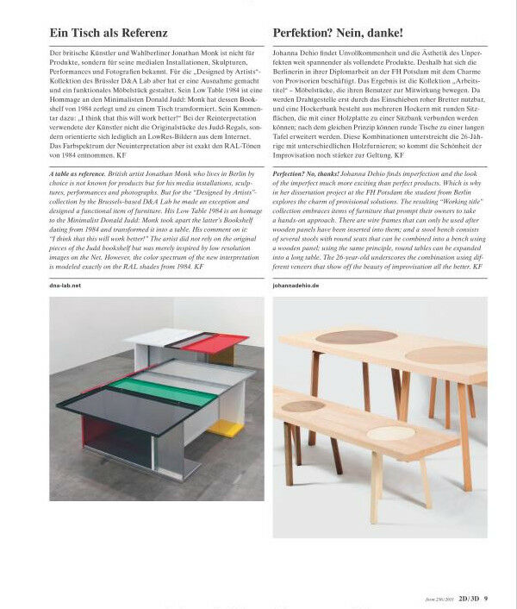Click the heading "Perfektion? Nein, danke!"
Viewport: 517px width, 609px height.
tap(337, 33)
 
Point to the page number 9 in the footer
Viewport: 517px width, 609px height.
tap(486, 599)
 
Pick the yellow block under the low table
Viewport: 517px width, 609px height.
tap(225, 428)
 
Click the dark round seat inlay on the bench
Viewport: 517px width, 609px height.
tap(304, 405)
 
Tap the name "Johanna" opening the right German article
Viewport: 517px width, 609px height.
tap(288, 54)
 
